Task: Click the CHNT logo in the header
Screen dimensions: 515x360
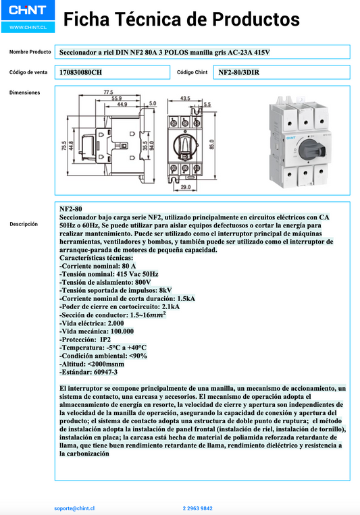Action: (x=27, y=10)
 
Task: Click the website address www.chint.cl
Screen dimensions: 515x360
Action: (x=27, y=28)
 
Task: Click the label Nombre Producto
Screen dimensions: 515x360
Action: (x=30, y=52)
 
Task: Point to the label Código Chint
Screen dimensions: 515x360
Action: (x=192, y=72)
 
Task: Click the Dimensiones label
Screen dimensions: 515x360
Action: (x=24, y=92)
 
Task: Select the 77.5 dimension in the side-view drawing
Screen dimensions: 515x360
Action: (x=108, y=92)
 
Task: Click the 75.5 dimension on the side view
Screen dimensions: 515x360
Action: (x=64, y=144)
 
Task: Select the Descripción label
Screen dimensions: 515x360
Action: (x=24, y=224)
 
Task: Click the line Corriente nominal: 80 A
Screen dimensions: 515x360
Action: (x=97, y=267)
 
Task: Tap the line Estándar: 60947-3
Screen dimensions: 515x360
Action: (x=88, y=371)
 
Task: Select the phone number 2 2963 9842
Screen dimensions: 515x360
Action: (x=197, y=508)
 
